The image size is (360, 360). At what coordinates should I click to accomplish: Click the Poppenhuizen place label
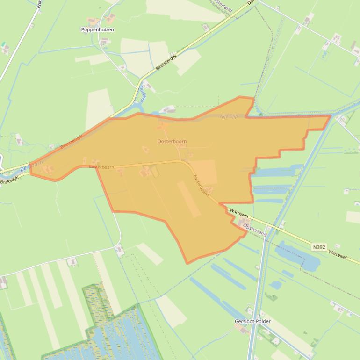click(98, 29)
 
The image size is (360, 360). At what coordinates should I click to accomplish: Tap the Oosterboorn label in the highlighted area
click(172, 141)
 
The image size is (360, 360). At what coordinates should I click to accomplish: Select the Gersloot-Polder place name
click(252, 322)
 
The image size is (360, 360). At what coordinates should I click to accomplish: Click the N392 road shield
click(319, 247)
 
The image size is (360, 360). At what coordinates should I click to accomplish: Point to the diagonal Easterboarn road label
click(201, 185)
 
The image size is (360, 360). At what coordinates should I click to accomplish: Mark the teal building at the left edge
click(4, 47)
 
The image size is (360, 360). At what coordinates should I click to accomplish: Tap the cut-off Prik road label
click(39, 5)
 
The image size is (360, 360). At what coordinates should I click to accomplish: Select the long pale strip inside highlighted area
click(189, 199)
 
